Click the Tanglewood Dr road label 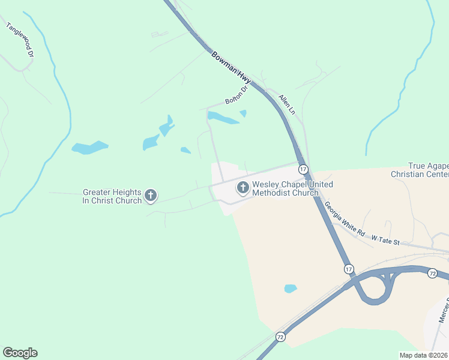pyautogui.click(x=19, y=40)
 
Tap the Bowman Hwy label pyautogui.click(x=231, y=67)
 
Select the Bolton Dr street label pyautogui.click(x=236, y=97)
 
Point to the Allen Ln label pyautogui.click(x=288, y=103)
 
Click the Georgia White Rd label pyautogui.click(x=345, y=217)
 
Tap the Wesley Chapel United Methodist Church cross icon pyautogui.click(x=243, y=188)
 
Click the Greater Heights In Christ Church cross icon pyautogui.click(x=151, y=196)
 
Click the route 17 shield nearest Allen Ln pyautogui.click(x=303, y=169)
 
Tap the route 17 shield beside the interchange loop pyautogui.click(x=349, y=269)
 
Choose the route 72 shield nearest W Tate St pyautogui.click(x=432, y=274)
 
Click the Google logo pyautogui.click(x=20, y=353)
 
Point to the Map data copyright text pyautogui.click(x=423, y=355)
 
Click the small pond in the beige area pyautogui.click(x=291, y=289)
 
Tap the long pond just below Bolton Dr pyautogui.click(x=223, y=119)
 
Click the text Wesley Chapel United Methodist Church pyautogui.click(x=285, y=188)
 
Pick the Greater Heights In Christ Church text pyautogui.click(x=112, y=196)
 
